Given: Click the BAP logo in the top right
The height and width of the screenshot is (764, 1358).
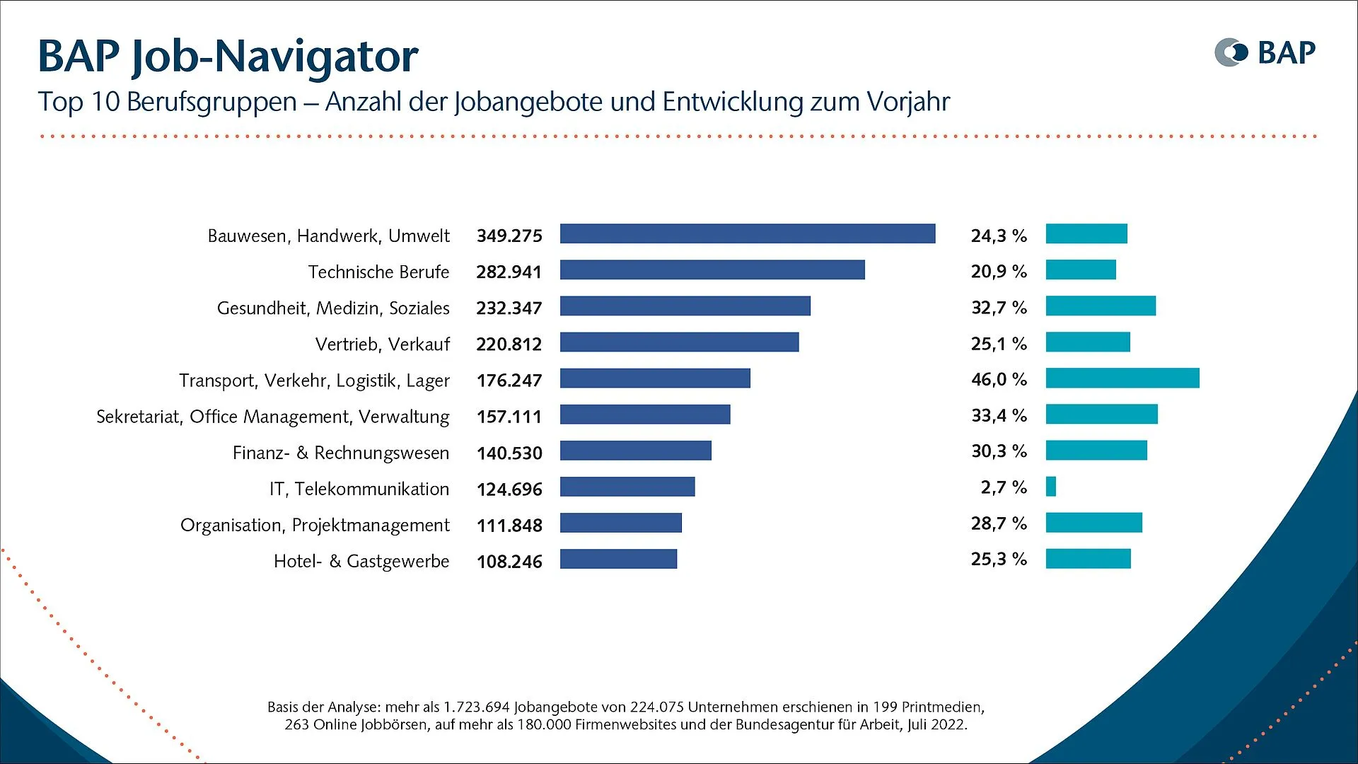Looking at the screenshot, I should [x=1265, y=53].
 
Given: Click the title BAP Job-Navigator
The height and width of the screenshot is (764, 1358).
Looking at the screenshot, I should [x=228, y=56].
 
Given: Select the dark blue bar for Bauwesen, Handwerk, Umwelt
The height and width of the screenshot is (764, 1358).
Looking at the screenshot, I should [x=747, y=233].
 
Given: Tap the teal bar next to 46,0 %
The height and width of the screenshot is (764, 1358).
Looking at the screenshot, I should [x=1122, y=378].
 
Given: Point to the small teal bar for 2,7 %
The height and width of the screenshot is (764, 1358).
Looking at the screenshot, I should [x=1050, y=487].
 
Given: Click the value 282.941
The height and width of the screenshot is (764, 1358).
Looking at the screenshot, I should [x=509, y=272].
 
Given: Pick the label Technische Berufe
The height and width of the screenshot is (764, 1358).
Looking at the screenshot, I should [x=378, y=272].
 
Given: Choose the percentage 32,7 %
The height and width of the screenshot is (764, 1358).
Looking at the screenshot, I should [x=998, y=308].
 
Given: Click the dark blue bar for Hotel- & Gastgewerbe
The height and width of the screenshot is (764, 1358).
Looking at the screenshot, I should [x=618, y=559].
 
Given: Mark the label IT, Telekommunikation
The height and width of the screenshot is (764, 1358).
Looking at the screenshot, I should [x=359, y=489].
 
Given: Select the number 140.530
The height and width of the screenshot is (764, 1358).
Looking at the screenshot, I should [x=509, y=453].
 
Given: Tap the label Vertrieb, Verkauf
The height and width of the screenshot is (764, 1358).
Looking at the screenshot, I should [x=382, y=345].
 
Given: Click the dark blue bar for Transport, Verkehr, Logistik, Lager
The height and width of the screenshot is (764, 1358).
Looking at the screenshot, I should [x=654, y=378].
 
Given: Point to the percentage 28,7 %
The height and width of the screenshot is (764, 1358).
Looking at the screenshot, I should [x=998, y=523].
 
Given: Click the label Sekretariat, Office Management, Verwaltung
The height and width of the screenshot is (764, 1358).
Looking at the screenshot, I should [x=272, y=417].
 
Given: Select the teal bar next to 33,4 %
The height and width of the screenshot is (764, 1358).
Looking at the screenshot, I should [x=1101, y=415].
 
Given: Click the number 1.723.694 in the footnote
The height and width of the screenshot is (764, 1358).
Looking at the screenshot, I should [x=476, y=707].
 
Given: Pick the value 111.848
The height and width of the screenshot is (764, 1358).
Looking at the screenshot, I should [x=509, y=526].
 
